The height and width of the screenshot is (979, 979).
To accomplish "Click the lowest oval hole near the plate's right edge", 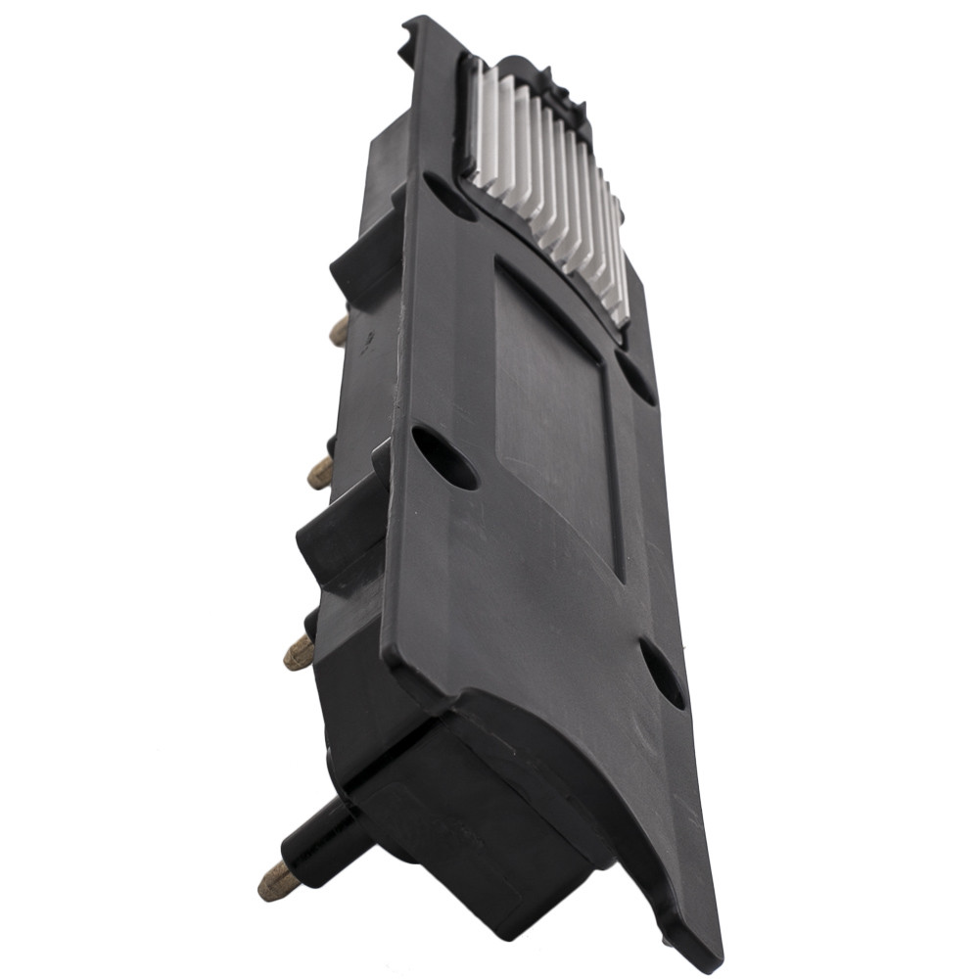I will click(663, 674).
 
